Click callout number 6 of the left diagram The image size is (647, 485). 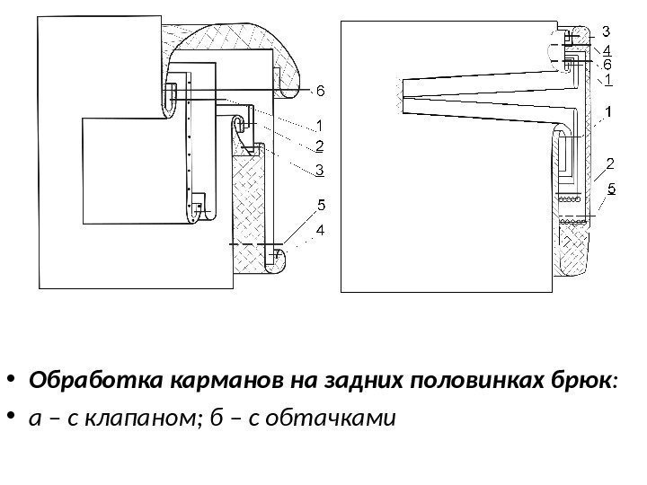click(x=320, y=92)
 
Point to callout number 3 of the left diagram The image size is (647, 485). click(x=320, y=168)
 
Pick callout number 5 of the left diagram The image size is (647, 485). click(x=320, y=206)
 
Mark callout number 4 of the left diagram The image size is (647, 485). click(x=320, y=231)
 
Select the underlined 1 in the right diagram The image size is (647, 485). click(x=607, y=80)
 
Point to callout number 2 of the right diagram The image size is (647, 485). click(x=610, y=163)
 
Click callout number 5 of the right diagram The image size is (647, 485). click(x=611, y=189)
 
